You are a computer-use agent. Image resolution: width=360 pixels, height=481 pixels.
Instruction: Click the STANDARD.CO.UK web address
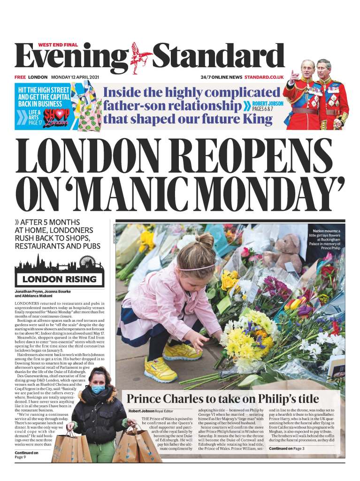pyautogui.click(x=264, y=77)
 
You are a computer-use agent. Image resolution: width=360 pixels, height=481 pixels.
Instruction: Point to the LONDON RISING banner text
pyautogui.click(x=60, y=279)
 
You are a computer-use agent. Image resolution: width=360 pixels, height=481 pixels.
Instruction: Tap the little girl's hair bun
pyautogui.click(x=204, y=241)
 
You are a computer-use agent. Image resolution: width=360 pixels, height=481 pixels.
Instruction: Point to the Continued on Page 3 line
pyautogui.click(x=287, y=449)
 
